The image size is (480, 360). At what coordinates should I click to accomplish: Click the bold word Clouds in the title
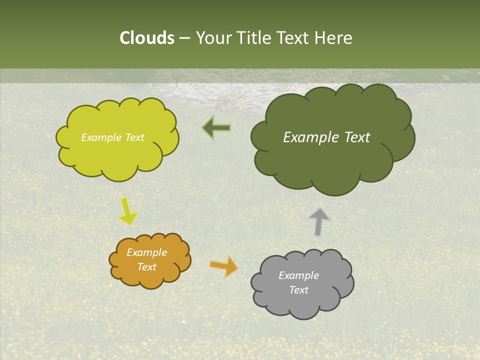146,38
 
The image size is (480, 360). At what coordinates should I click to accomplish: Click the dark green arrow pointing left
216,128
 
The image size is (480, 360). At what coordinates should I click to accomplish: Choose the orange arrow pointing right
224,265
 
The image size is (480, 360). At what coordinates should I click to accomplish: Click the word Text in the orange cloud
147,267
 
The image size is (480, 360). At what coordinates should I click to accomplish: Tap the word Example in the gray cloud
298,275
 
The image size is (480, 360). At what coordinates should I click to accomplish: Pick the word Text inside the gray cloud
298,290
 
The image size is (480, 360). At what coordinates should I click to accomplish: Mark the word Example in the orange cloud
147,252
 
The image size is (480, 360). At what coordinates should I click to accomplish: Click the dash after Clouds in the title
184,38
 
